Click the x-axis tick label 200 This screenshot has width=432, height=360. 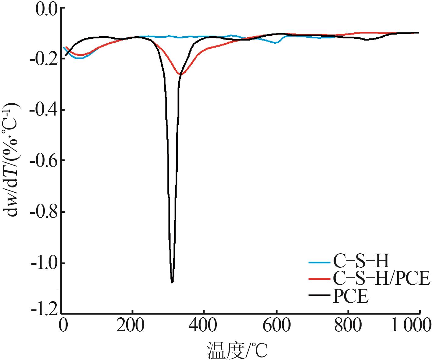132,326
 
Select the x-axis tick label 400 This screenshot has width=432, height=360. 203,326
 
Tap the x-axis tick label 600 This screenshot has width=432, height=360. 276,326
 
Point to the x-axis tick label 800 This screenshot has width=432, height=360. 348,326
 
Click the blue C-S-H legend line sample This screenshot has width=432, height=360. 319,262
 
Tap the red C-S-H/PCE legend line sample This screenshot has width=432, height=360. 319,279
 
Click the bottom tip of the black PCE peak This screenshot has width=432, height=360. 172,282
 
